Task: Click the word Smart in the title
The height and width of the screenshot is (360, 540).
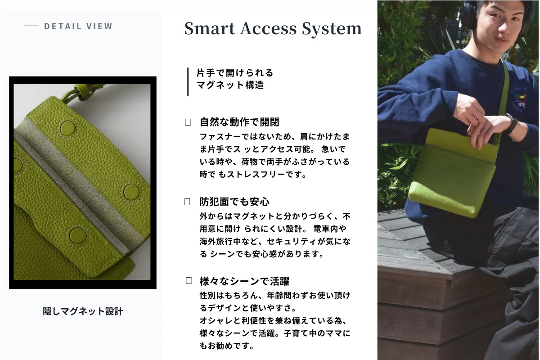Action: [209, 28]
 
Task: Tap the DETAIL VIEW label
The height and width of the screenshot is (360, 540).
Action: [78, 26]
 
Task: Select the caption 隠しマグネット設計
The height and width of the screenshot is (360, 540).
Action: [83, 311]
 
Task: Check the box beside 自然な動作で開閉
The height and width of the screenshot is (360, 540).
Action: [188, 122]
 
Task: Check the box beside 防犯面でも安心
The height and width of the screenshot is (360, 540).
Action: [187, 202]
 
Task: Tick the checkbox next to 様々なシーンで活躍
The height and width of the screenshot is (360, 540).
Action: [189, 281]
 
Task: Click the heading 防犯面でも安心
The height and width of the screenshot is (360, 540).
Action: [234, 202]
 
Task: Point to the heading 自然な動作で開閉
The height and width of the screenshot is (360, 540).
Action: [239, 122]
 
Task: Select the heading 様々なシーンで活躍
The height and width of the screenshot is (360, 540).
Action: [244, 281]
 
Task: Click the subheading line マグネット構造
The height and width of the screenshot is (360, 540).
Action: [230, 85]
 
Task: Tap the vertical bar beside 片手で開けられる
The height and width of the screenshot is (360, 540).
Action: [188, 82]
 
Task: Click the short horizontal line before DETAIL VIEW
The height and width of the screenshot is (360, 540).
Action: [31, 25]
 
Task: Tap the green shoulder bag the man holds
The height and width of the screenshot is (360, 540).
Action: [453, 172]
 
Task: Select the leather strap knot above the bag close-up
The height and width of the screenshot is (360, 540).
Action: [82, 93]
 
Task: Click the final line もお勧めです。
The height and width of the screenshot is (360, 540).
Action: [227, 346]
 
